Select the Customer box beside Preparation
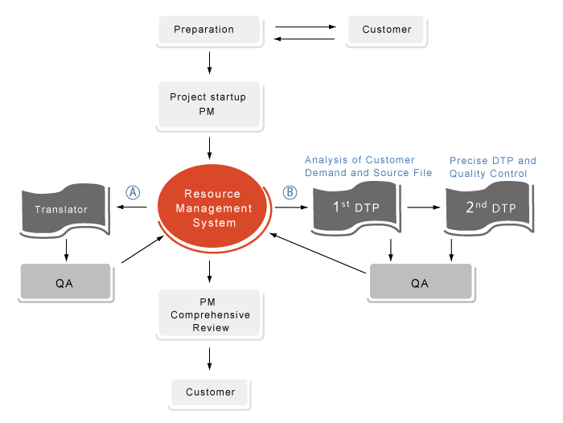(x=387, y=31)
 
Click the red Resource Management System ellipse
(x=212, y=208)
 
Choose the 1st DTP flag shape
(x=356, y=208)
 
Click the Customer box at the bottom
(x=210, y=392)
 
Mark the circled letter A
(x=134, y=193)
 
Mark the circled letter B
(x=290, y=193)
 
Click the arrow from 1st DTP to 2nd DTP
(x=425, y=207)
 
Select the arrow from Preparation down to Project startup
(x=210, y=61)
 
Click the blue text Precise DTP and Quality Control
(x=492, y=167)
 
